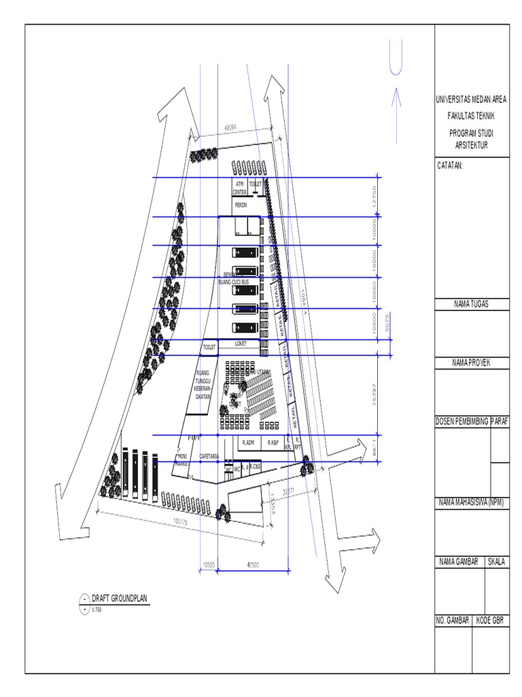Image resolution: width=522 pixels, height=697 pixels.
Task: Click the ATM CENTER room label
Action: pyautogui.click(x=239, y=188)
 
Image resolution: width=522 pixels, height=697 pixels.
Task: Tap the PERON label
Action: pyautogui.click(x=240, y=204)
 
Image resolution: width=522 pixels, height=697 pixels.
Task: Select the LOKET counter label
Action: pyautogui.click(x=241, y=344)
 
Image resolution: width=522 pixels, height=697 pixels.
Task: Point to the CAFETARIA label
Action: pyautogui.click(x=208, y=456)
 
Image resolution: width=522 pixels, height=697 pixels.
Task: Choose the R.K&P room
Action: pyautogui.click(x=273, y=443)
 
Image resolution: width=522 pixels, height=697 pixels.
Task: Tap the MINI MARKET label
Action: pyautogui.click(x=182, y=459)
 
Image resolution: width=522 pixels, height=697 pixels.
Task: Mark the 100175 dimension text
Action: pyautogui.click(x=180, y=522)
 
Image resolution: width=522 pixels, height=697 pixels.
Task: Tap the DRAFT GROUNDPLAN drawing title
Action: pyautogui.click(x=119, y=598)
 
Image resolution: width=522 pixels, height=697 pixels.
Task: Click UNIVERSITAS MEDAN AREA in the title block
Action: pyautogui.click(x=471, y=100)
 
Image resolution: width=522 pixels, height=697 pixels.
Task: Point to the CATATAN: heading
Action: pyautogui.click(x=451, y=165)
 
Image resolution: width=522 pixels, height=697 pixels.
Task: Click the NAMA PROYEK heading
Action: pyautogui.click(x=471, y=363)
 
